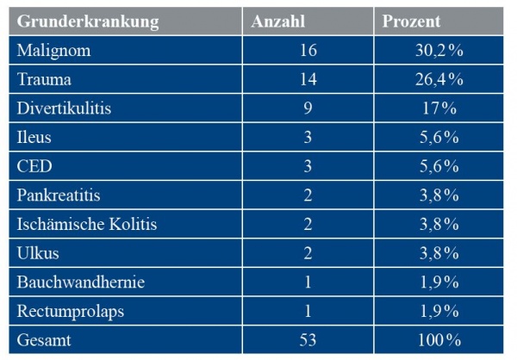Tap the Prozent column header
[x=412, y=22]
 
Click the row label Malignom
[x=53, y=51]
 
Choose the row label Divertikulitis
[x=65, y=109]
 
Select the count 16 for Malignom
[x=307, y=51]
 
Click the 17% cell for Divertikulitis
[x=439, y=109]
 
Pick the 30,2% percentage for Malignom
[x=439, y=51]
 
